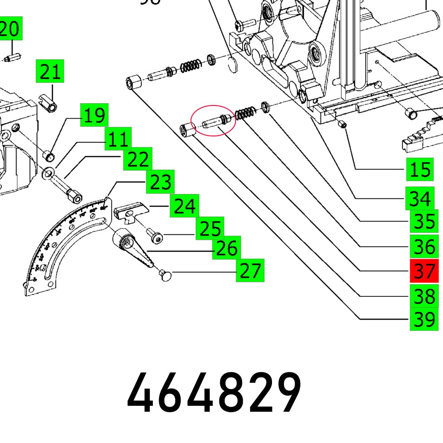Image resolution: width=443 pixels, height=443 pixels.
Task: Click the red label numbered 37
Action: pos(424,271)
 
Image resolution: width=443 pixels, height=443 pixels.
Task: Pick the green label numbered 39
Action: pos(424,319)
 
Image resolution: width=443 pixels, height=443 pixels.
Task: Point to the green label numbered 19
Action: pos(94,116)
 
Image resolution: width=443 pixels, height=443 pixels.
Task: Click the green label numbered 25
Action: pos(210,229)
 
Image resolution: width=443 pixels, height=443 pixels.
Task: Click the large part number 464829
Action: pos(214,393)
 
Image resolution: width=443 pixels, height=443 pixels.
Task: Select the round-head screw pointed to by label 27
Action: pos(167,276)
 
